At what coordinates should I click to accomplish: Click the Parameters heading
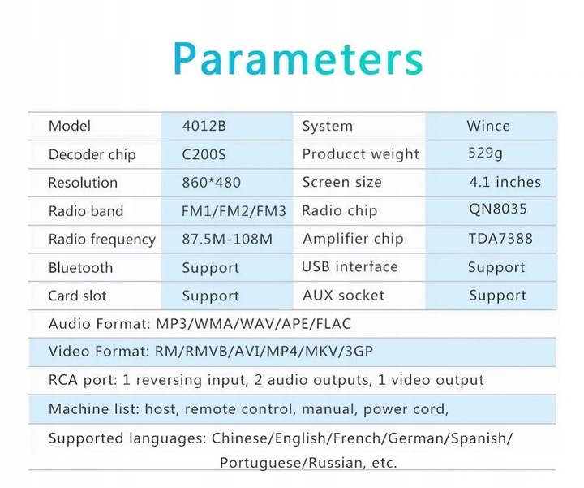(298, 59)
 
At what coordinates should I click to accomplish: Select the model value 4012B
(204, 126)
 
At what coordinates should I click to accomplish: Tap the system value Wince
(488, 126)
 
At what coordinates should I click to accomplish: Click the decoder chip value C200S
(204, 154)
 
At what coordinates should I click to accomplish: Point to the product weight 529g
(485, 153)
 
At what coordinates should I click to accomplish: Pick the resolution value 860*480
(211, 183)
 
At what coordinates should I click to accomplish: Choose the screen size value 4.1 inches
(505, 182)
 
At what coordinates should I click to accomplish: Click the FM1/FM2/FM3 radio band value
(234, 211)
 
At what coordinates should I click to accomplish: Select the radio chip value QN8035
(497, 209)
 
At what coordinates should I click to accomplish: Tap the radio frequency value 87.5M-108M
(227, 239)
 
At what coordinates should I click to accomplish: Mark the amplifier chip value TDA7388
(500, 239)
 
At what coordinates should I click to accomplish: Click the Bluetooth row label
(80, 268)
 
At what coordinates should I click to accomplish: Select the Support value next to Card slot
(210, 296)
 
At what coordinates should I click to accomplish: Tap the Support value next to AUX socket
(497, 296)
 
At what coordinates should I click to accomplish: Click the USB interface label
(350, 266)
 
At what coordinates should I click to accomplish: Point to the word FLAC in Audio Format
(333, 324)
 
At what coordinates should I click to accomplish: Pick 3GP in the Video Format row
(359, 351)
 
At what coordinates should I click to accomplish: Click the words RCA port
(83, 380)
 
